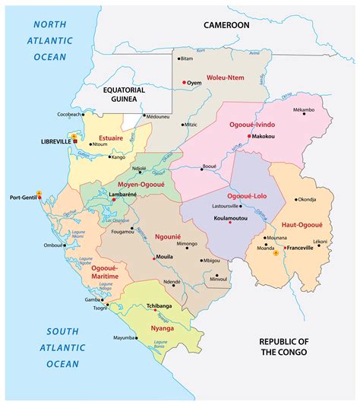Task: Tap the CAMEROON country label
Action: point(226,25)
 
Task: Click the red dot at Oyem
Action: point(184,81)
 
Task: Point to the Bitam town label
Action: point(187,59)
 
